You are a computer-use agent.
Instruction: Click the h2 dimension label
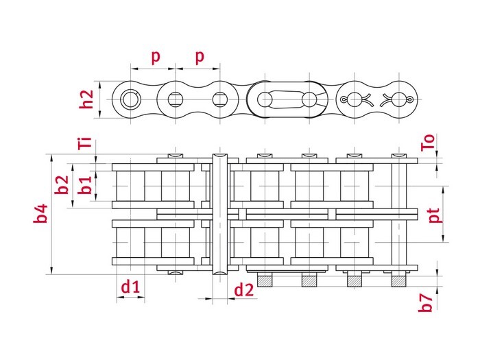click(86, 99)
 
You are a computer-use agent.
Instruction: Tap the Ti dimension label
click(85, 143)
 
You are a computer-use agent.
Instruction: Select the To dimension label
click(428, 143)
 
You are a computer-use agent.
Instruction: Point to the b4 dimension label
click(40, 213)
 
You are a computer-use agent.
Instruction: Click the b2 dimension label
click(62, 184)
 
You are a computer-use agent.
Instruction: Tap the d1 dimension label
click(131, 287)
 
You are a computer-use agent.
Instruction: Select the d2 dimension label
click(244, 289)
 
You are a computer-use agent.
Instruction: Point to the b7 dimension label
click(426, 302)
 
